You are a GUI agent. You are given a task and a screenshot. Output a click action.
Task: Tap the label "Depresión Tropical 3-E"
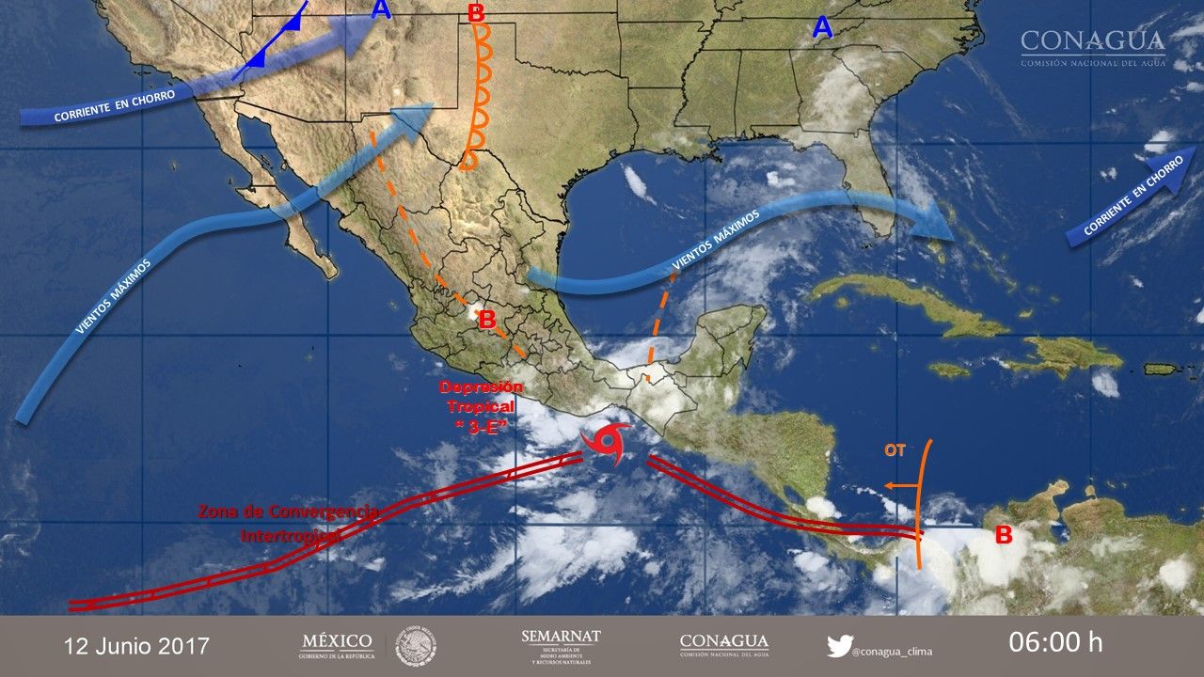point(481,407)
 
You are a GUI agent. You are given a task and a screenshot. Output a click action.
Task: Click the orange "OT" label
point(894,450)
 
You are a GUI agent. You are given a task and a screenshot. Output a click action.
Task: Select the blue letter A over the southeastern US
point(822,29)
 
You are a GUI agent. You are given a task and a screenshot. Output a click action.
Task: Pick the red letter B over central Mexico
point(487,320)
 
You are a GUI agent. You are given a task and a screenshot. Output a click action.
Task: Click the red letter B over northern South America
point(1004,536)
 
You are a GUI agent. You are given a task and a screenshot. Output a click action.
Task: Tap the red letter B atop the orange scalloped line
point(476,13)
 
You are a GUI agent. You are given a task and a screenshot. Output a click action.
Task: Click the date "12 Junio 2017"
point(136,646)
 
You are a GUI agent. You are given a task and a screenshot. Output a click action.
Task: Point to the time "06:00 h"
point(1055,643)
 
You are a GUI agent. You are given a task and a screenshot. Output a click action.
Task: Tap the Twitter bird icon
point(839,646)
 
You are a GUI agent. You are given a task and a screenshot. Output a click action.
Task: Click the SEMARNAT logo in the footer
point(561,645)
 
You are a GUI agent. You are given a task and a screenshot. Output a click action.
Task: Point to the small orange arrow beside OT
point(900,486)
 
